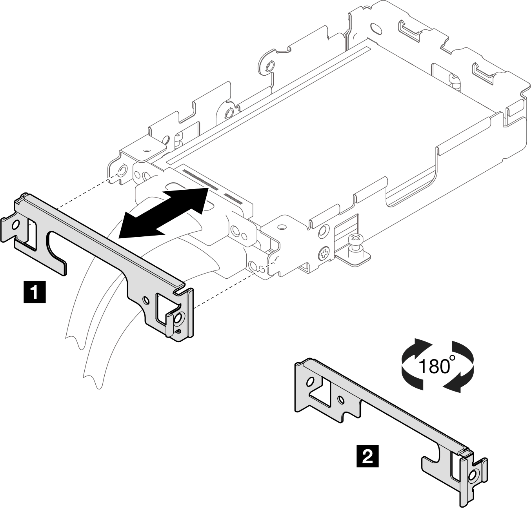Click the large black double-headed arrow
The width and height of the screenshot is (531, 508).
[163, 212]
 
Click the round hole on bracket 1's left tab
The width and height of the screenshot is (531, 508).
[16, 225]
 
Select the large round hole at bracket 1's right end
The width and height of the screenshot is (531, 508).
[178, 319]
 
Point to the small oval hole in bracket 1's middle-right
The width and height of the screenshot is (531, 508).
[146, 300]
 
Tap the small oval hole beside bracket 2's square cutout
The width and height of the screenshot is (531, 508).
[341, 400]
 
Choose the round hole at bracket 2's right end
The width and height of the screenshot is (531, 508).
[472, 475]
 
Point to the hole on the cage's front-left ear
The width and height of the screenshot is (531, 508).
[122, 170]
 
